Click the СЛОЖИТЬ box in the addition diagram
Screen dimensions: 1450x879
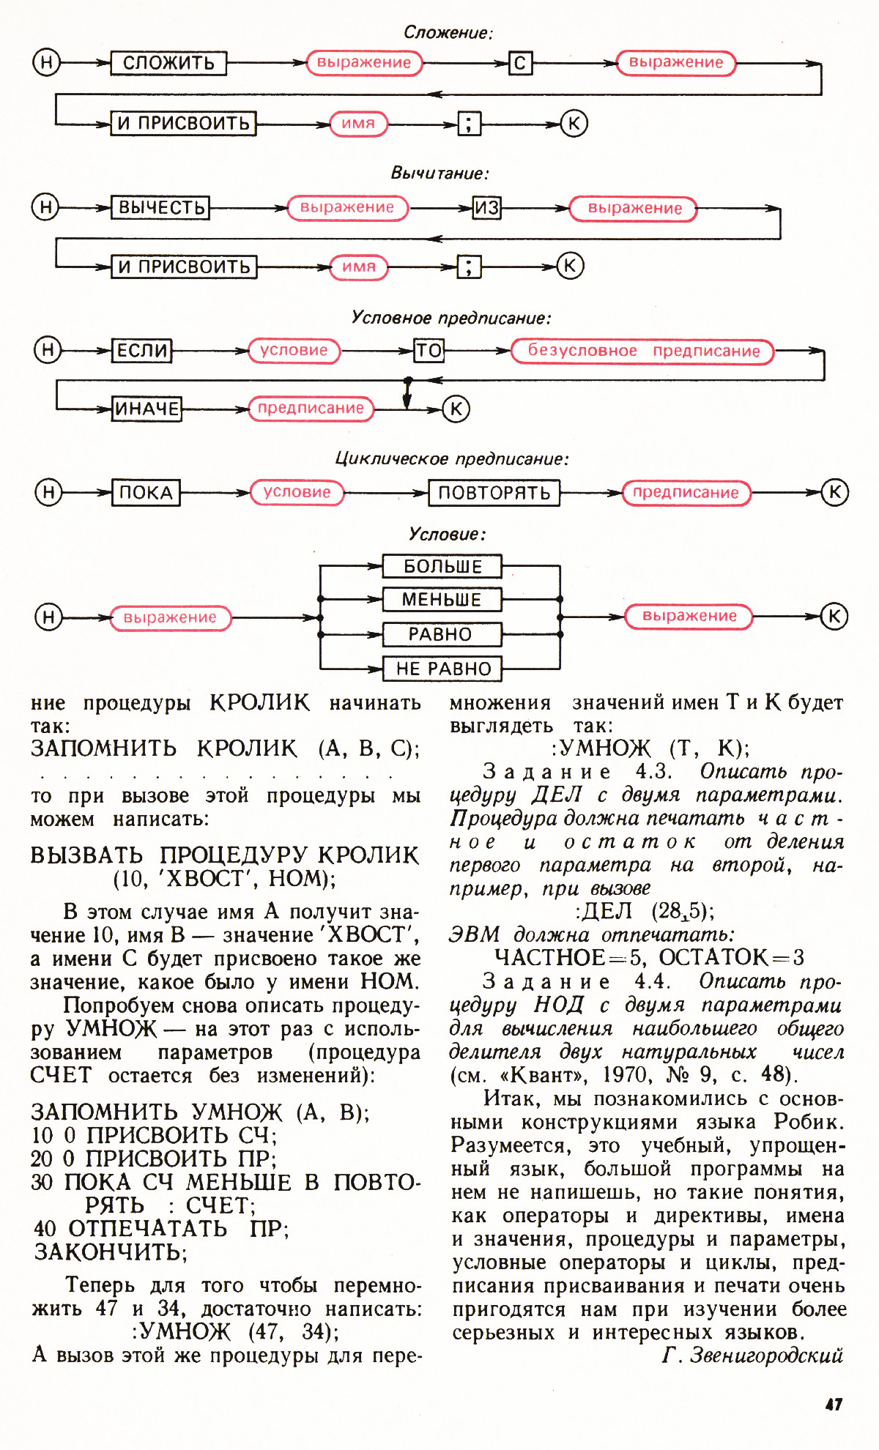pos(168,63)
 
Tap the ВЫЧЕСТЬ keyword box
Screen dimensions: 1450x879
pos(160,208)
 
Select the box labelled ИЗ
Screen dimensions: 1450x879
pos(486,208)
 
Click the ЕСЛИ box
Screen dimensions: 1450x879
pos(142,351)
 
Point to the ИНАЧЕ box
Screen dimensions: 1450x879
pos(146,409)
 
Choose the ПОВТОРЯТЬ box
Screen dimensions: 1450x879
pos(494,493)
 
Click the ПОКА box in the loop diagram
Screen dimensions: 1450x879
pos(146,493)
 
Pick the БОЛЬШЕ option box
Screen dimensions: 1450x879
pos(442,567)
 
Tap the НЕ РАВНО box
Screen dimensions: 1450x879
pos(442,669)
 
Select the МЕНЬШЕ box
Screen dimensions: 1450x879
pos(442,600)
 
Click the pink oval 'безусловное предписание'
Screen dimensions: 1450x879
pos(642,352)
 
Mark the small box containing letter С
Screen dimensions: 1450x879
pos(520,63)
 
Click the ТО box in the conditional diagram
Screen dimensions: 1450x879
pos(429,351)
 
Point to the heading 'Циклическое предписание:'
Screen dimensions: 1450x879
pos(451,459)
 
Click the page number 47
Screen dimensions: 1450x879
pos(834,1404)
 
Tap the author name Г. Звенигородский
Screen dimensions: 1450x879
pos(753,1356)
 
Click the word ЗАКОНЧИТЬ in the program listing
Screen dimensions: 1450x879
pos(110,1252)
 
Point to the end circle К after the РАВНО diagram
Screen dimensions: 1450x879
pos(834,617)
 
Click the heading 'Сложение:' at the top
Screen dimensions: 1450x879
pos(448,33)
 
